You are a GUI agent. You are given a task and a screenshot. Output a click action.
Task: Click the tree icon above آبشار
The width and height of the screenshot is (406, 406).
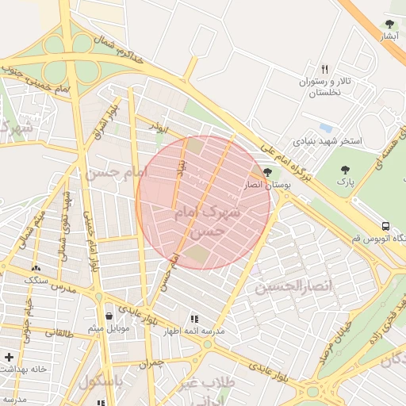389,25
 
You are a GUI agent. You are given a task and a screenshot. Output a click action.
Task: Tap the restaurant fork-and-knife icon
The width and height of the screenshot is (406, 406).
324,69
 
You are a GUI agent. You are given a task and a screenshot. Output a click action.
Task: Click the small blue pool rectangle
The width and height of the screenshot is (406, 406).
326,127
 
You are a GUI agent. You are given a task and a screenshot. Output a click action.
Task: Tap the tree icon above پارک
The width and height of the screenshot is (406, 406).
345,170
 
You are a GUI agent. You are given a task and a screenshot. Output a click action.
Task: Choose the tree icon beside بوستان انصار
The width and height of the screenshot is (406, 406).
267,171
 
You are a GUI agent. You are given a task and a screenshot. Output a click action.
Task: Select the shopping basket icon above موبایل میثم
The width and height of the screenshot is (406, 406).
108,316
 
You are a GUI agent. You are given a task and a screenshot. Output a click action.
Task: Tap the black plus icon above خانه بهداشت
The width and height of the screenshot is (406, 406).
9,357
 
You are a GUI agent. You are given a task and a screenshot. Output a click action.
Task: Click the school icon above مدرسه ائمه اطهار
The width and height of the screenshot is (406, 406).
193,319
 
